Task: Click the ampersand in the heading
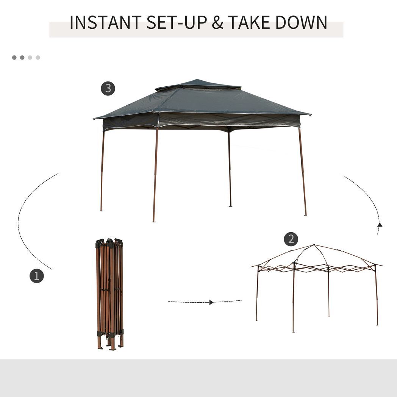click(x=218, y=23)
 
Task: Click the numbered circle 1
click(x=37, y=276)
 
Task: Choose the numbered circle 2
click(x=291, y=239)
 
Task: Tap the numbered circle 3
click(x=108, y=89)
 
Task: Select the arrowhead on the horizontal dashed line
click(x=211, y=302)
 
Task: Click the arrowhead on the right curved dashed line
click(x=380, y=225)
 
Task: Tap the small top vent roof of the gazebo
click(x=198, y=84)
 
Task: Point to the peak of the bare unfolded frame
click(x=314, y=246)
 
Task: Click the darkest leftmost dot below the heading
click(x=14, y=58)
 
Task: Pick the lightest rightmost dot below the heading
click(x=38, y=58)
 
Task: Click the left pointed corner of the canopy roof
click(x=95, y=118)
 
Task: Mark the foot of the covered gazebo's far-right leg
click(x=305, y=214)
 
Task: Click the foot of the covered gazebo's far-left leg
click(x=101, y=210)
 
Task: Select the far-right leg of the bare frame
click(x=377, y=295)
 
